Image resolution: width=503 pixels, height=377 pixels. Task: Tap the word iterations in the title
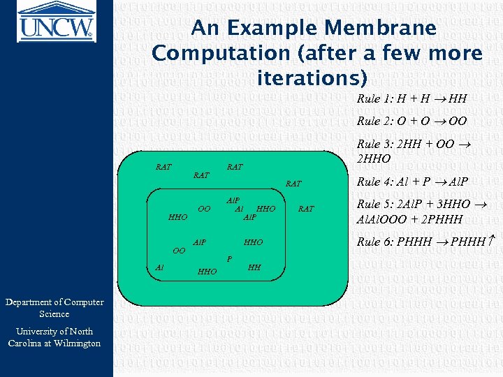[308, 77]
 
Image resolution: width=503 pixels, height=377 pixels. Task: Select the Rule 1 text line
[411, 99]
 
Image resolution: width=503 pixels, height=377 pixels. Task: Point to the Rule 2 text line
[411, 121]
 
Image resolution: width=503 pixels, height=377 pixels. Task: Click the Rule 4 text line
[411, 182]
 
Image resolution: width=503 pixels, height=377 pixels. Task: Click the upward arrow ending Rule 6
[491, 242]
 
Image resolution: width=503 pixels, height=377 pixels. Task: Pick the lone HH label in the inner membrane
[254, 267]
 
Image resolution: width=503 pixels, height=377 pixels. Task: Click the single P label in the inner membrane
[230, 258]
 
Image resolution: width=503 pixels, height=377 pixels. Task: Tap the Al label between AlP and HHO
[239, 208]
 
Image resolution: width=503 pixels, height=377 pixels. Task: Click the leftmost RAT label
[163, 167]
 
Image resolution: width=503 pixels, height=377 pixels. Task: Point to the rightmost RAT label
[306, 209]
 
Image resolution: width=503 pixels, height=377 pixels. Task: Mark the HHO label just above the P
[253, 242]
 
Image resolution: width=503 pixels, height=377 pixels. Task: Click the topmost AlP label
[233, 200]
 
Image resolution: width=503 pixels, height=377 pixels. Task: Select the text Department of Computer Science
[54, 308]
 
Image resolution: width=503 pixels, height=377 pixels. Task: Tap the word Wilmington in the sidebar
[76, 343]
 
